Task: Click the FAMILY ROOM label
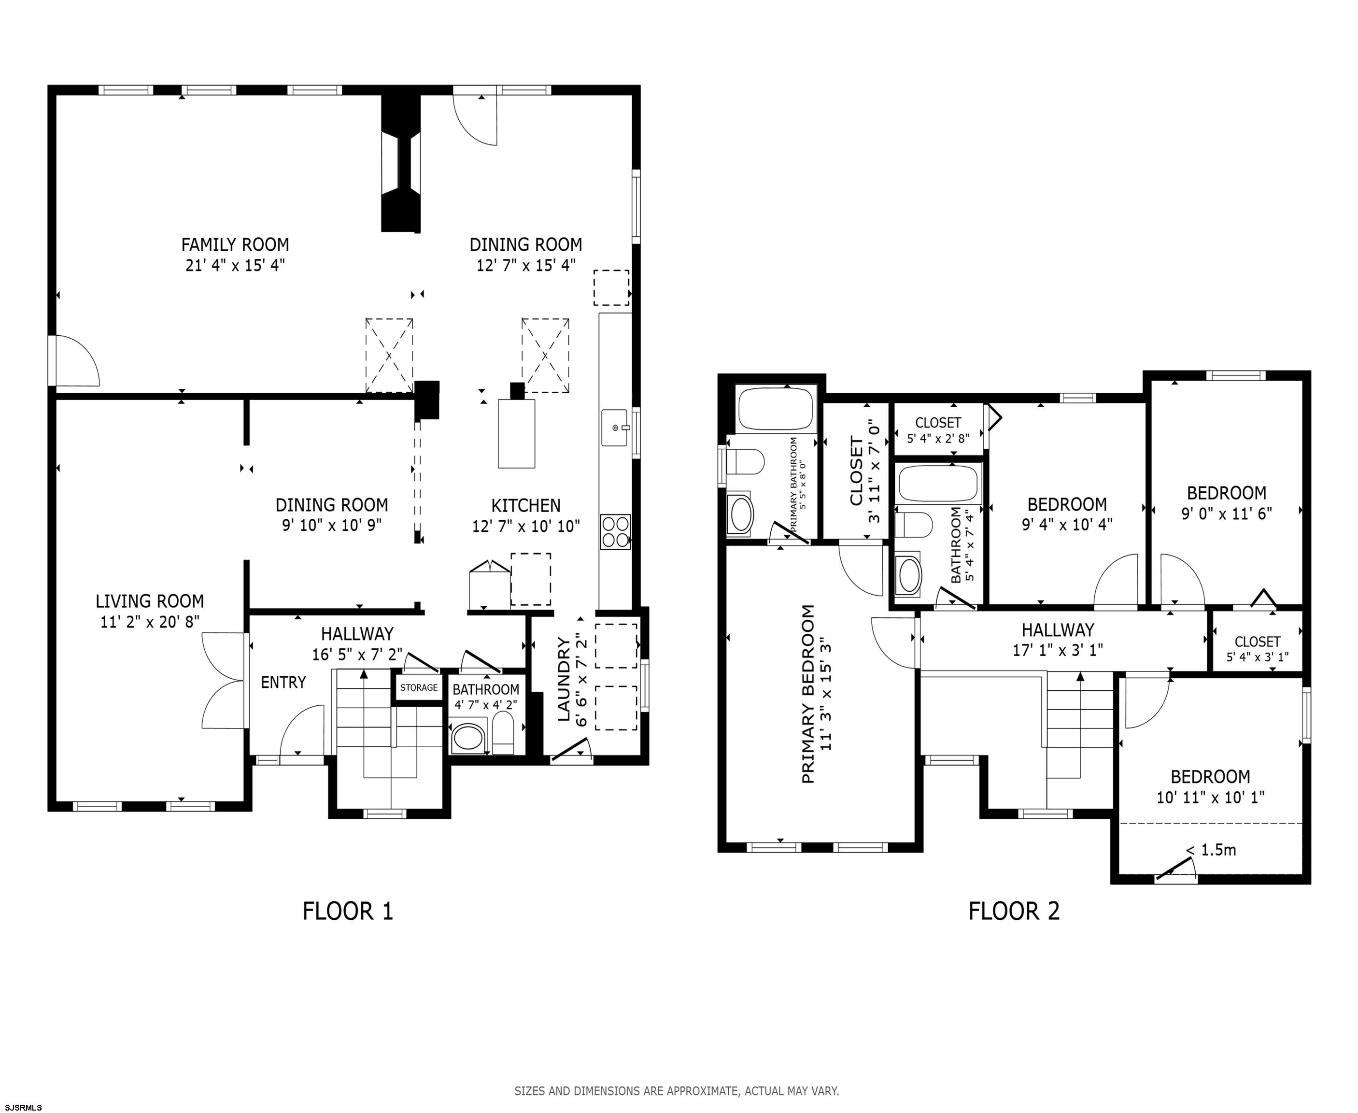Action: [235, 244]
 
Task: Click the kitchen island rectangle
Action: [517, 434]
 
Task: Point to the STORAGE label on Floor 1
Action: [419, 687]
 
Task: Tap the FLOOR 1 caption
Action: [347, 911]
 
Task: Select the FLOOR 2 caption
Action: [1014, 911]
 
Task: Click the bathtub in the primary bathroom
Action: [776, 408]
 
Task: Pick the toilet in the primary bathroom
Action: [745, 462]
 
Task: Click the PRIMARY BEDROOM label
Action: [808, 694]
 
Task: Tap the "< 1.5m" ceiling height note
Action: [1211, 850]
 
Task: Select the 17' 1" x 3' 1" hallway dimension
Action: [1058, 650]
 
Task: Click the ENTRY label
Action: [283, 682]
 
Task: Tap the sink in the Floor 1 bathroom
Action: [468, 739]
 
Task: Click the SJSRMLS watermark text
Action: [23, 1107]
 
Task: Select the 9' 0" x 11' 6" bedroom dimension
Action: [1227, 514]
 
